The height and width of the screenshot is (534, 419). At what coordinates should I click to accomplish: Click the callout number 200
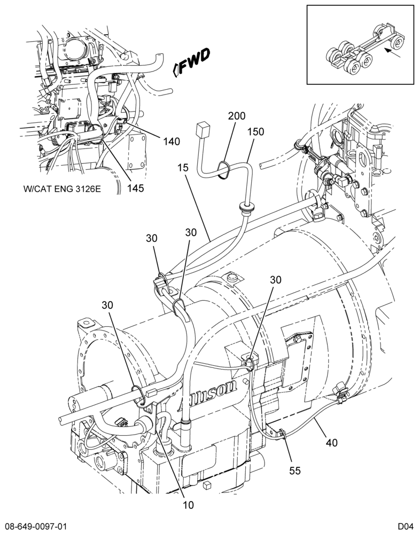pos(237,116)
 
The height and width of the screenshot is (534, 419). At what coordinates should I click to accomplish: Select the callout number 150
pos(255,131)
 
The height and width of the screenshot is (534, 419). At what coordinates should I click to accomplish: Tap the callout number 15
pos(183,168)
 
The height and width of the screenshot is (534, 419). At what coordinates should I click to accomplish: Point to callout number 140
pos(172,142)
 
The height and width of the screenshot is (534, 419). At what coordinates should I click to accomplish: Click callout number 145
pos(136,188)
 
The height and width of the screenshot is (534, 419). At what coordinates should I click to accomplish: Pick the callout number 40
pos(331,443)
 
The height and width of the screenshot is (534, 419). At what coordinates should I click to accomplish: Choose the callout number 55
pos(295,470)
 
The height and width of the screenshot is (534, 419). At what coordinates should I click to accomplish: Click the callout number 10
pos(188,505)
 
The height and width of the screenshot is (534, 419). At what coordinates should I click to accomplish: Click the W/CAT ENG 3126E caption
pos(62,189)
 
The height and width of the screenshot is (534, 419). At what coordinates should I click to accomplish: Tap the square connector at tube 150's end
pos(201,130)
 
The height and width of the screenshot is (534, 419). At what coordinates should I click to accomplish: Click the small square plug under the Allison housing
pos(206,485)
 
